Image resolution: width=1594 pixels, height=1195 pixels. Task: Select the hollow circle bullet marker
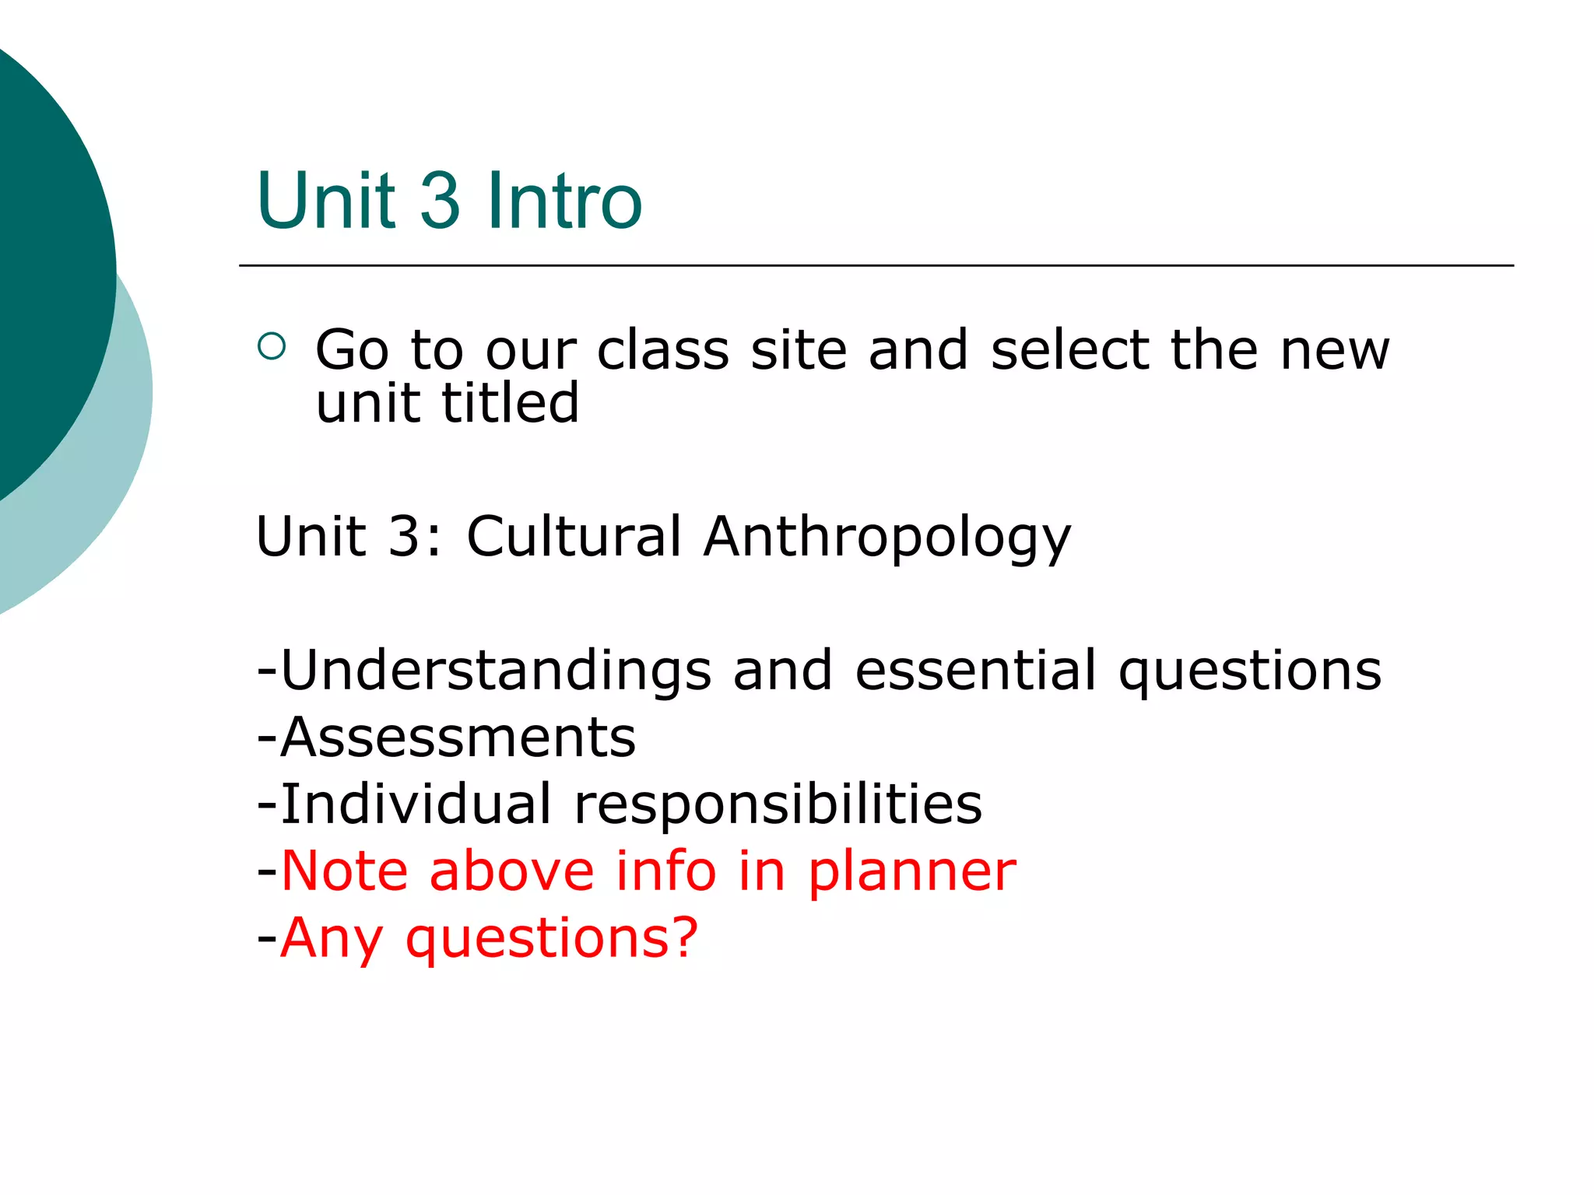click(272, 346)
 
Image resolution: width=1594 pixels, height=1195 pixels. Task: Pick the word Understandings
click(496, 671)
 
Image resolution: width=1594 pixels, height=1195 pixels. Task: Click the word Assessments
click(458, 738)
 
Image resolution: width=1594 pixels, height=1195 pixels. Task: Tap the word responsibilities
click(778, 804)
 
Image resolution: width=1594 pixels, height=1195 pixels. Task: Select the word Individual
click(416, 804)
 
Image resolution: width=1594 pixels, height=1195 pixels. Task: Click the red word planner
click(911, 871)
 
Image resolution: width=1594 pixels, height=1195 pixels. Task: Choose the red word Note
click(344, 871)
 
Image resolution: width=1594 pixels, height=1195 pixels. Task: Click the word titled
click(510, 403)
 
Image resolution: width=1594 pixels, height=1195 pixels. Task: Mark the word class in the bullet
click(663, 350)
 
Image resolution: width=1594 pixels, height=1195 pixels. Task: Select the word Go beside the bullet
click(352, 350)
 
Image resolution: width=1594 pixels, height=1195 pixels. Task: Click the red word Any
click(331, 938)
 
